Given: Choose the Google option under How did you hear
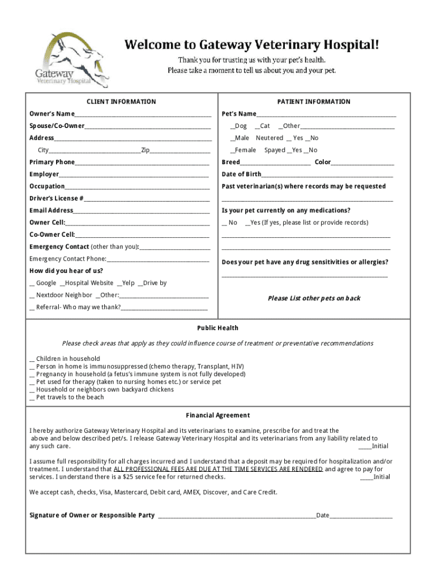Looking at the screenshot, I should (32, 283).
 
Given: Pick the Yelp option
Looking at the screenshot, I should (119, 283).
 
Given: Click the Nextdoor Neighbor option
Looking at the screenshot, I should (32, 295).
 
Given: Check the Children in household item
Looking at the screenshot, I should (32, 359).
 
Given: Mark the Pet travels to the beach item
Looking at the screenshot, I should (32, 398).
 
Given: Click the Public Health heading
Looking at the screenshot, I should (217, 328).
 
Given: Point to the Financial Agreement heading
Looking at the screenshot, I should (217, 415).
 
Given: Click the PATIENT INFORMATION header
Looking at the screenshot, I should (314, 102).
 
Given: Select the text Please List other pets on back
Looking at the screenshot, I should (314, 298).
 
